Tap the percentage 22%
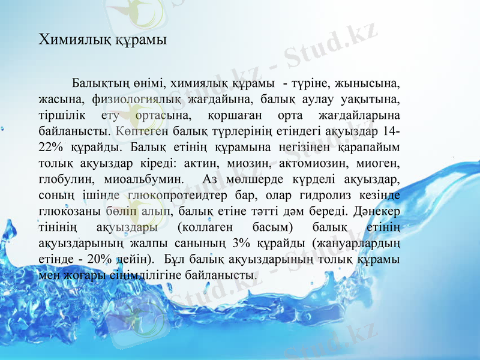click(50, 146)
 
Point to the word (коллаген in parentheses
click(203, 227)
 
